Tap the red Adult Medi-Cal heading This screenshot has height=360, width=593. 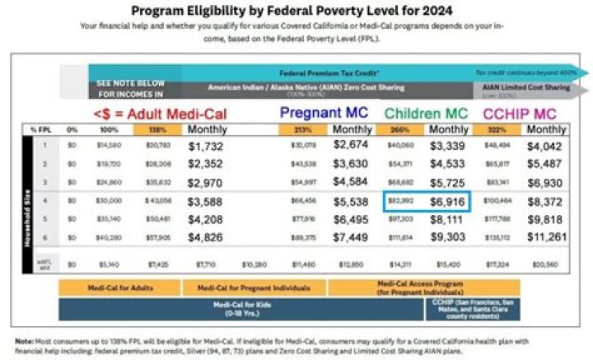159,114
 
